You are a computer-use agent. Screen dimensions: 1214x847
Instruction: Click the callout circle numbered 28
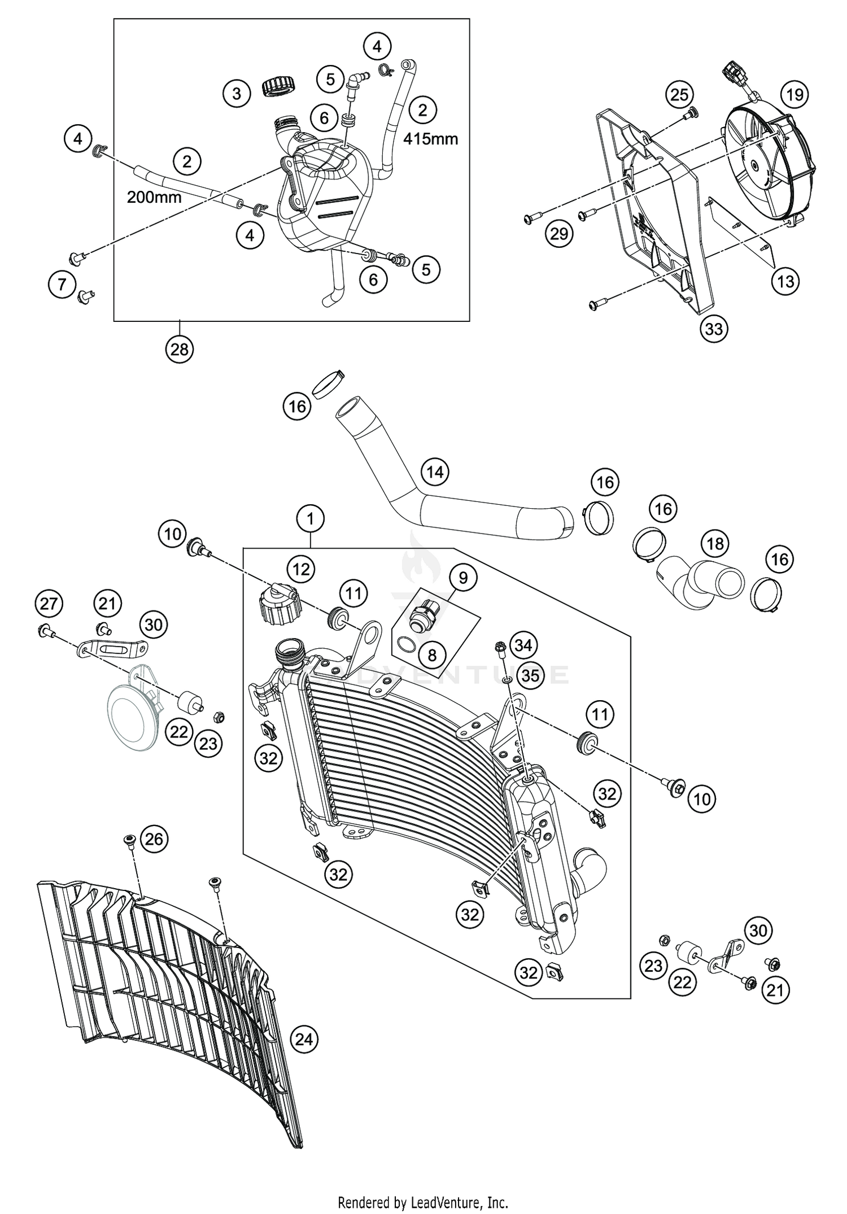180,350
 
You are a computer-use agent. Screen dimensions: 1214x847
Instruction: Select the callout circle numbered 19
794,94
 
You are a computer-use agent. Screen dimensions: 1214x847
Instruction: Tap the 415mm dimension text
430,138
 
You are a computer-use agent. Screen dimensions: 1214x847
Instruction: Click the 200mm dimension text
154,197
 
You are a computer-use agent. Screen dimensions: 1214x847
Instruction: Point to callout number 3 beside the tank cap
237,93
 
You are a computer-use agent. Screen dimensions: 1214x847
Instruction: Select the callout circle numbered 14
435,471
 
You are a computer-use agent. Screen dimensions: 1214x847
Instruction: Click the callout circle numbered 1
311,518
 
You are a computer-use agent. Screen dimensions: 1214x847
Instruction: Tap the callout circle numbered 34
523,645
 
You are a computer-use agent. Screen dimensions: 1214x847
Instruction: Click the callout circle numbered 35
530,675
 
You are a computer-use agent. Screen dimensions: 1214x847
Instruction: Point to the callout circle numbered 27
49,604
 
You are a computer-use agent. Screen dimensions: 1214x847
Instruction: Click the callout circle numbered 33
714,328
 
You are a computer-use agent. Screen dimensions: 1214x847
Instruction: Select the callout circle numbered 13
785,281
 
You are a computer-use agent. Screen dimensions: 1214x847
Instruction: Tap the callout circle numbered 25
680,94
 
